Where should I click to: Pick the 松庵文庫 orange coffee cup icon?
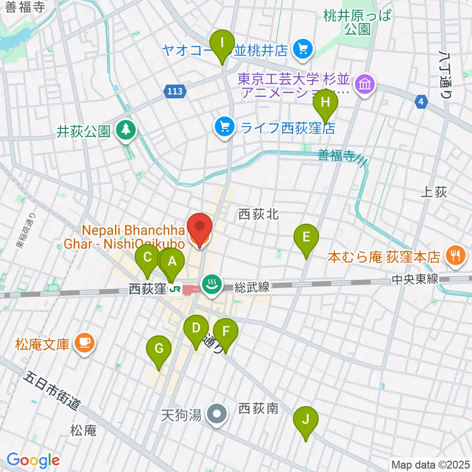click(x=83, y=343)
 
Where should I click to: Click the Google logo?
click(x=33, y=460)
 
